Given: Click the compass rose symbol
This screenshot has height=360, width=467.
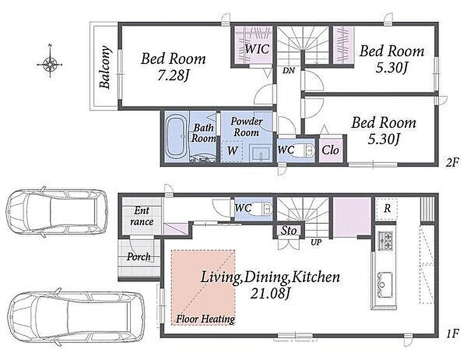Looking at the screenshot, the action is [x=50, y=63].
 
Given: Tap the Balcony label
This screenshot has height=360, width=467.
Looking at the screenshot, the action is [x=105, y=67].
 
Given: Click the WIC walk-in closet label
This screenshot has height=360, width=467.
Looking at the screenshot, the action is [x=257, y=49].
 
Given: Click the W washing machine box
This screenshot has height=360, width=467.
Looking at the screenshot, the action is [x=232, y=151].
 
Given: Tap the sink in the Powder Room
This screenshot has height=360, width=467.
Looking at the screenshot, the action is [x=260, y=153].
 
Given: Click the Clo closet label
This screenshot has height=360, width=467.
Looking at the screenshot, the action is [x=330, y=150].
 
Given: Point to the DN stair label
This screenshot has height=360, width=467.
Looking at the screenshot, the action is [x=288, y=71].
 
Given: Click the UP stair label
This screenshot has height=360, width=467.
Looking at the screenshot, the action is [x=316, y=242].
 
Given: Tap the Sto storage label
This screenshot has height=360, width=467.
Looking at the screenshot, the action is [x=289, y=231].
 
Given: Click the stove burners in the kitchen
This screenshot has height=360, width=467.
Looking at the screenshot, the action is [x=386, y=240].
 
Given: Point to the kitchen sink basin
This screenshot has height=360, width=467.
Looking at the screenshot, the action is [x=385, y=284].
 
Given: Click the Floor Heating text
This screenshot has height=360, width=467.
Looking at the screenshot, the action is [x=205, y=319].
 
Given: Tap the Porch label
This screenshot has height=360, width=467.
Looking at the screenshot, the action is [x=139, y=257].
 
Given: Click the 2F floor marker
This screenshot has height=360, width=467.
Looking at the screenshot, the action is [x=453, y=162].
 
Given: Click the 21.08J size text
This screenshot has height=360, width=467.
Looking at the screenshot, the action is [x=269, y=294].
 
